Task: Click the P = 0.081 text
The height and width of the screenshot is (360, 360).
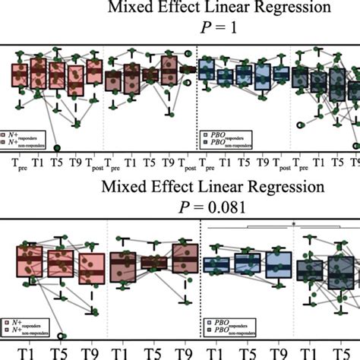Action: coord(179,204)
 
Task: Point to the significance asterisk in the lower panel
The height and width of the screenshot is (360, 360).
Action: coord(293,224)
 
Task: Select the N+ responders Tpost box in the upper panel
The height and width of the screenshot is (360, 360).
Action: coord(93,72)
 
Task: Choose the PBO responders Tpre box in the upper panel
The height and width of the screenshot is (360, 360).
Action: coord(207,71)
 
